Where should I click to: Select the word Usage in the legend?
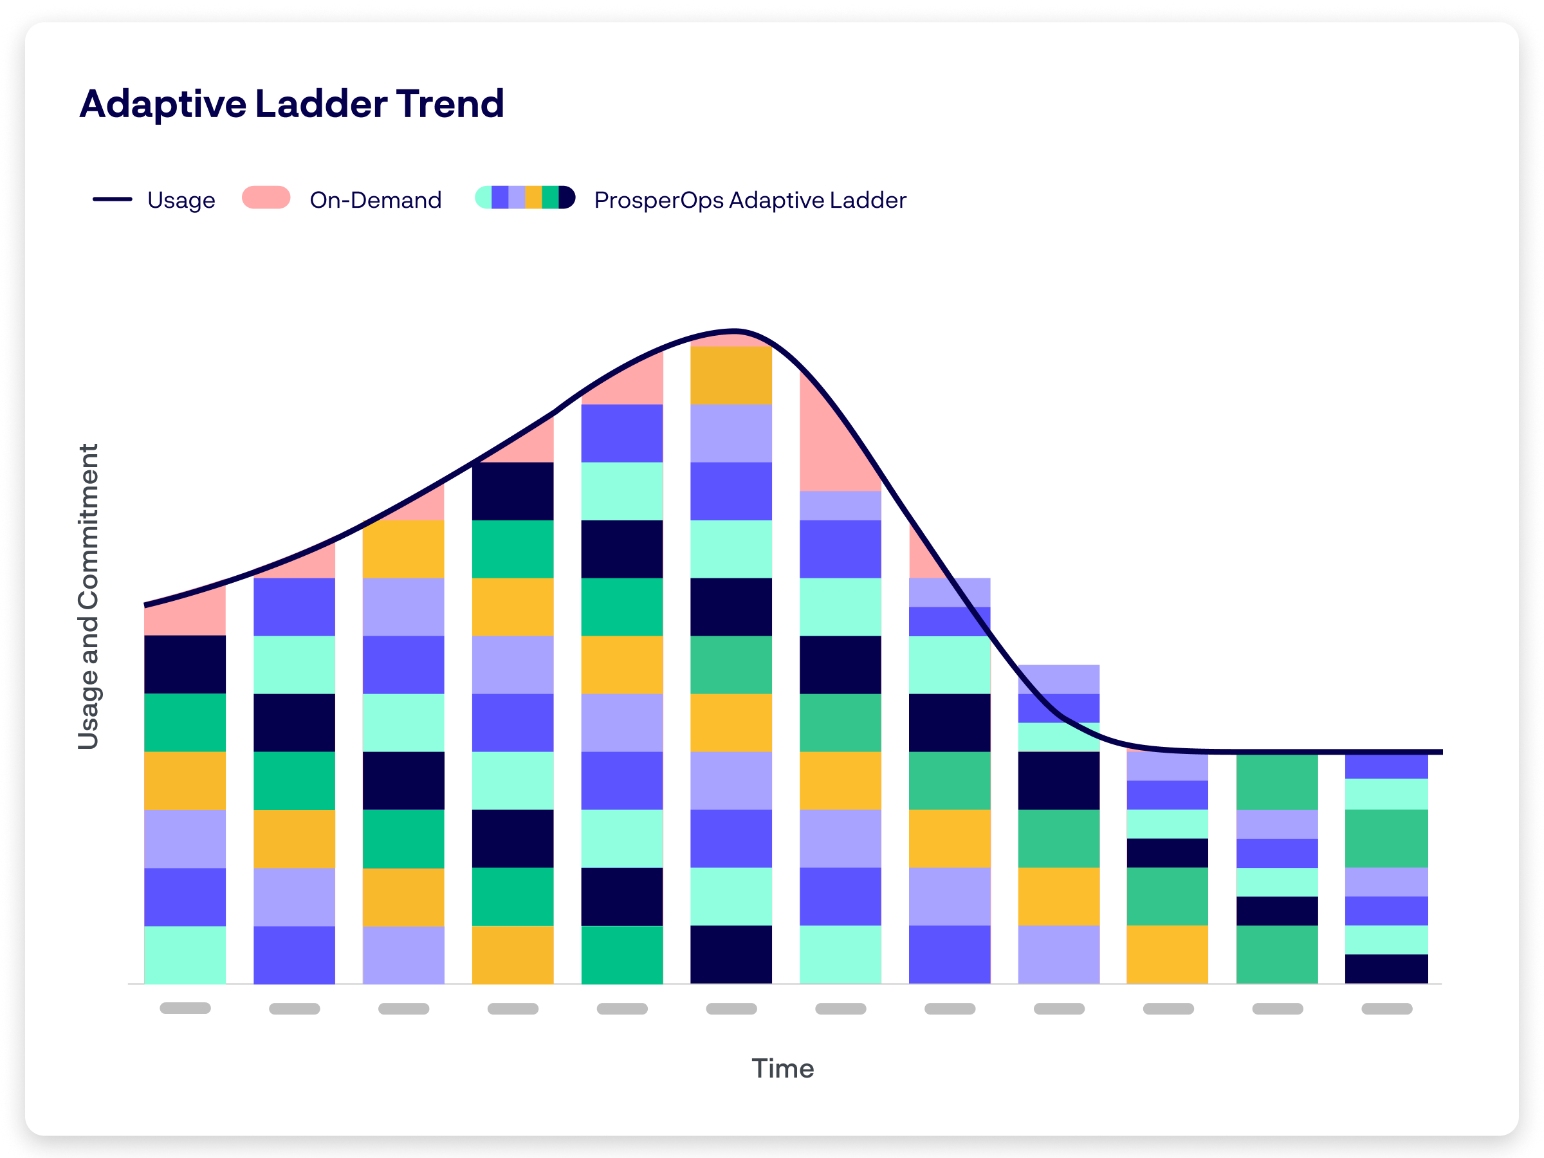point(181,200)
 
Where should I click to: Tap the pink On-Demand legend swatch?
point(266,198)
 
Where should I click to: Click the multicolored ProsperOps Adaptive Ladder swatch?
point(525,198)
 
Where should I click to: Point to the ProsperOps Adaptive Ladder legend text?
point(749,200)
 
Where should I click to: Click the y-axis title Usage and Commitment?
point(89,597)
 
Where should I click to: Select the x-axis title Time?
point(782,1069)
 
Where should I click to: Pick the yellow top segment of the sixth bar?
point(731,376)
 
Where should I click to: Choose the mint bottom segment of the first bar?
point(185,954)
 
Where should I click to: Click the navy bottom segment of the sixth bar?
point(731,954)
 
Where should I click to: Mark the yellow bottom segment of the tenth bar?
point(1167,954)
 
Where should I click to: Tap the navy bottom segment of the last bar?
point(1386,969)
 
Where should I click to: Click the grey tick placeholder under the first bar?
point(185,1008)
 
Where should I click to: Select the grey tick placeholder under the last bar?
point(1386,1009)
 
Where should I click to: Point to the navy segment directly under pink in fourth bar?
point(512,492)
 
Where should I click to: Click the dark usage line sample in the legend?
point(113,199)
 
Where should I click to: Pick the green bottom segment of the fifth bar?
point(622,954)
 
